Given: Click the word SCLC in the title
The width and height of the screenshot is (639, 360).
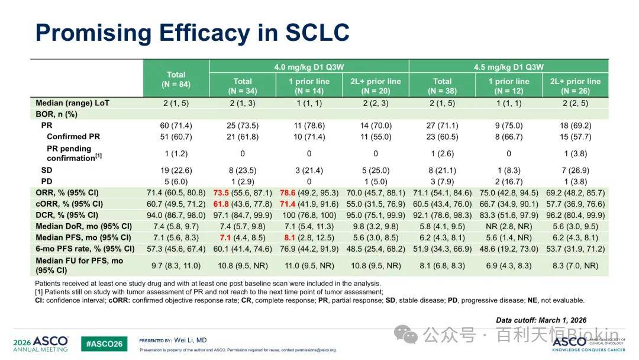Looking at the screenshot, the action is tap(317, 32).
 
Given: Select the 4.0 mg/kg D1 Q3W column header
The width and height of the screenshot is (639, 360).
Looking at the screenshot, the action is tap(309, 67).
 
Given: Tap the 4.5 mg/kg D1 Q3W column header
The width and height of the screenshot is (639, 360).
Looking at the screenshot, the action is tap(509, 67).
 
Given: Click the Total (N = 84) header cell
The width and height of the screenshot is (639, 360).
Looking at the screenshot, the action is tap(176, 79).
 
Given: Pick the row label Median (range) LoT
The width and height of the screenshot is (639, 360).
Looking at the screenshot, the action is tap(73, 103).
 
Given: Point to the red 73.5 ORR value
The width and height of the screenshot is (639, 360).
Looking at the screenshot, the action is tap(221, 193).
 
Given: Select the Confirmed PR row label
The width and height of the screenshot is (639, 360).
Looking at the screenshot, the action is tap(73, 137).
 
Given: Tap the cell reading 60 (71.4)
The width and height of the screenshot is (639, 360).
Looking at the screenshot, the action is tap(176, 126).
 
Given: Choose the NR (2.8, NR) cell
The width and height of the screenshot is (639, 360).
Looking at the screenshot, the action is tap(509, 226).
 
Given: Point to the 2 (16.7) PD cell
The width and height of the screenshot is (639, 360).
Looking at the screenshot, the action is tap(509, 181).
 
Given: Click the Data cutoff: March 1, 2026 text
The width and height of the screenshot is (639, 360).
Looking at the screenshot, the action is tap(541, 320).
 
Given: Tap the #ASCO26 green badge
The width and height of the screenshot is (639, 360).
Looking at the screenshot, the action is tap(104, 343).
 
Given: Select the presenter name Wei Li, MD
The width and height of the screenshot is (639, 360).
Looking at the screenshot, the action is tap(191, 340).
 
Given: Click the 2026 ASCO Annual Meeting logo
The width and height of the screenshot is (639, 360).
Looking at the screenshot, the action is tap(40, 343).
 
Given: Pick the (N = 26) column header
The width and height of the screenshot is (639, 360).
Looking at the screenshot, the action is tap(576, 91).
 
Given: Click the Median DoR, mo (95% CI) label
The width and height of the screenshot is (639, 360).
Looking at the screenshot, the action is tap(84, 226).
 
